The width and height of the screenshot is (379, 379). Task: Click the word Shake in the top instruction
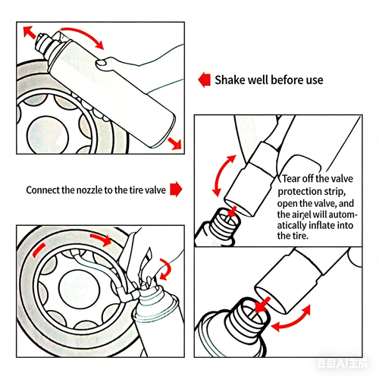click(230, 80)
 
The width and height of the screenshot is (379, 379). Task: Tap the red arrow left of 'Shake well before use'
click(203, 79)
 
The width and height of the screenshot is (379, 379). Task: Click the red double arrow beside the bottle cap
click(31, 33)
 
